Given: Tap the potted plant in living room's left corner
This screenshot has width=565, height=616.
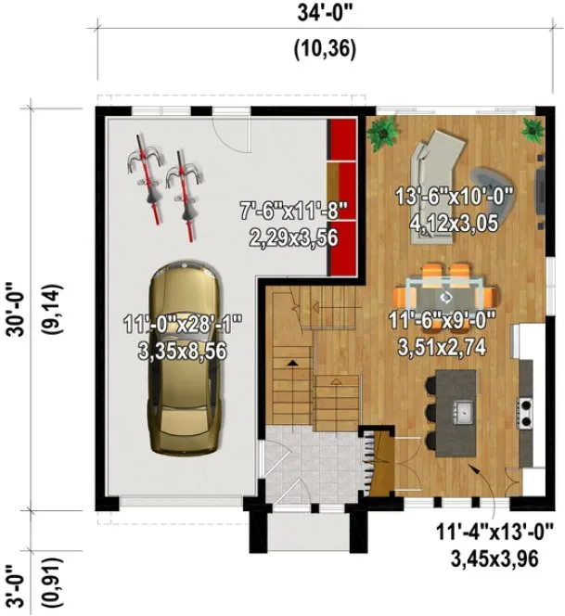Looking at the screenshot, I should click(x=381, y=135).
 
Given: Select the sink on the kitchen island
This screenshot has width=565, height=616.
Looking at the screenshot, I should click(x=461, y=409).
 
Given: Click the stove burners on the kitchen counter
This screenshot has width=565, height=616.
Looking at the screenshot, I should click(x=524, y=405).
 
